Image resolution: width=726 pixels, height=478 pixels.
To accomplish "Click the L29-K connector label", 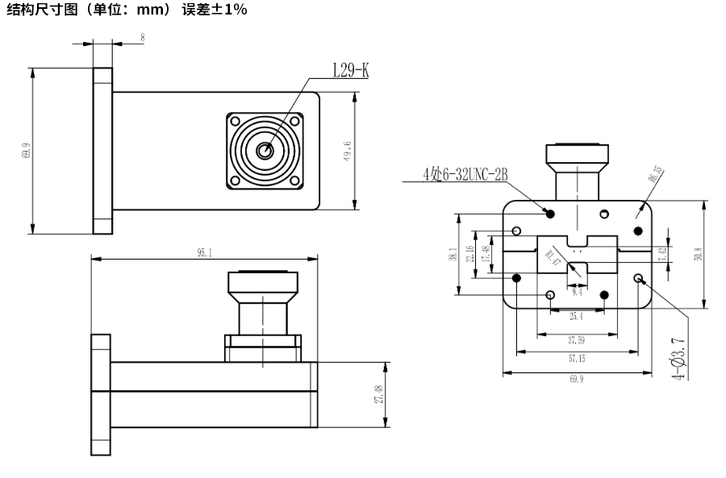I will (351, 71).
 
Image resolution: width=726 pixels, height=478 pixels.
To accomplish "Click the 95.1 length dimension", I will (205, 252).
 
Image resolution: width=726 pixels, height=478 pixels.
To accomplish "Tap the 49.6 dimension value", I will (347, 151).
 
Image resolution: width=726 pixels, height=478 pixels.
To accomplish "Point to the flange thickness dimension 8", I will (142, 38).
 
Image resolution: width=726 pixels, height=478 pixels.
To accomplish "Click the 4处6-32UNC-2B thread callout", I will (465, 175).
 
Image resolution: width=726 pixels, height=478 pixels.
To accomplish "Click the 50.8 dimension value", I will (699, 253).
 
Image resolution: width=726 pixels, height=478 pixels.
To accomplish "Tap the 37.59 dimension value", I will (576, 339).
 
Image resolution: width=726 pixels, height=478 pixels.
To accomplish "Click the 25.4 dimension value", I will (576, 316).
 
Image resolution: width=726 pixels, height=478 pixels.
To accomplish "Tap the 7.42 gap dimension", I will (662, 253).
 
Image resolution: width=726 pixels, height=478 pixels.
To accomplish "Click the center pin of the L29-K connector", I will (264, 150).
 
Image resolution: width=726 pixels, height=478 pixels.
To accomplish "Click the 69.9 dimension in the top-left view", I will (27, 151).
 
